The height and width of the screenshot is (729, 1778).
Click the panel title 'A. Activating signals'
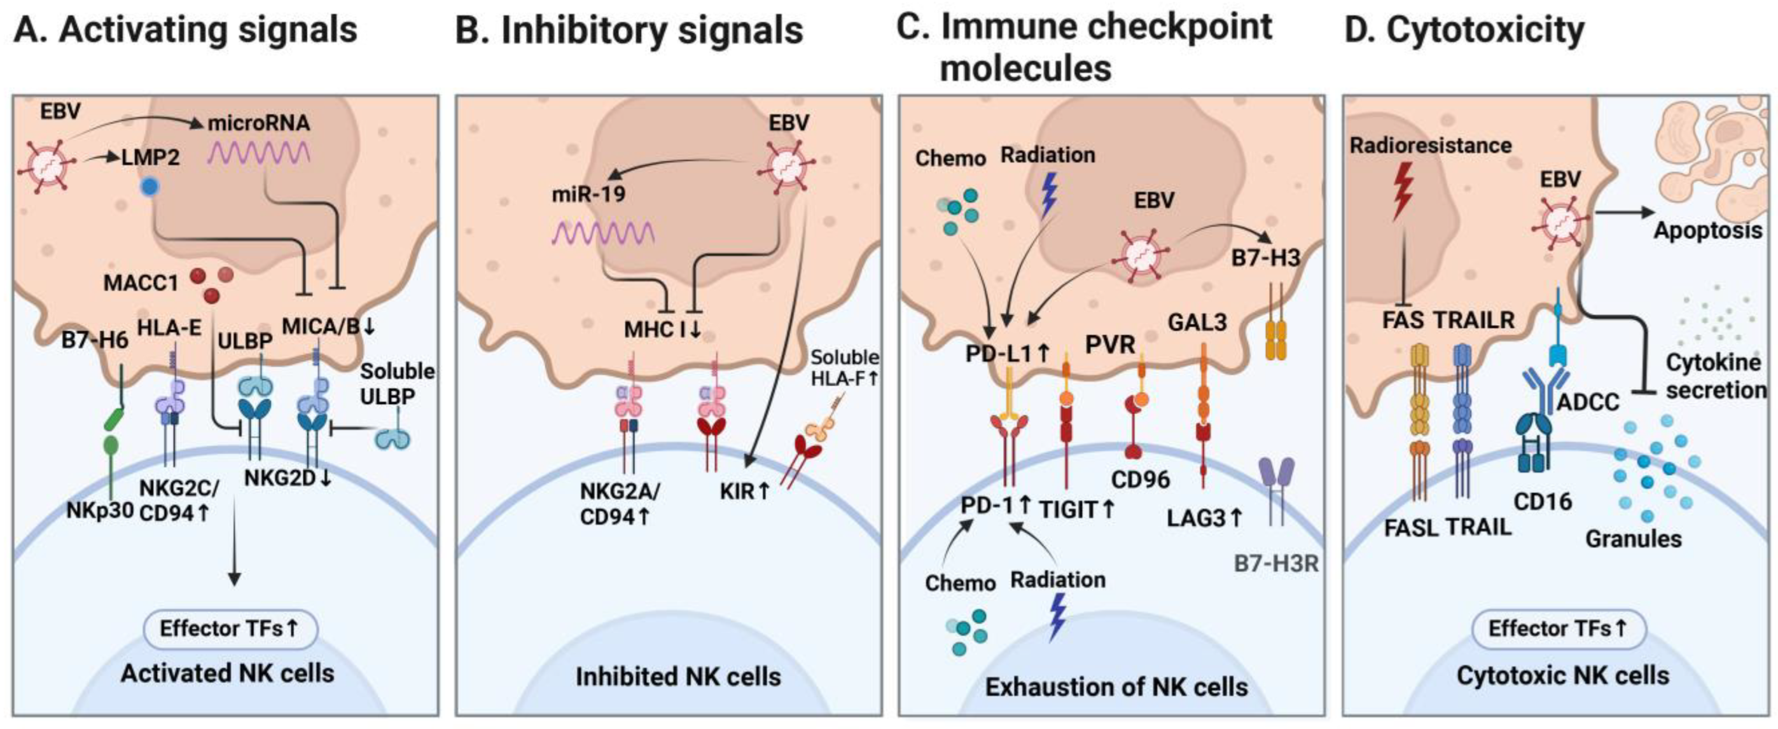pos(185,31)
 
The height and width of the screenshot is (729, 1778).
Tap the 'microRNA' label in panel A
pos(259,123)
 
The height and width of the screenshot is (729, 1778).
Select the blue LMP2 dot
pos(147,187)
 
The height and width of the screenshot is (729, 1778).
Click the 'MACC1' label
pos(141,282)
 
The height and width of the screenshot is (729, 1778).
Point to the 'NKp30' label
pos(99,511)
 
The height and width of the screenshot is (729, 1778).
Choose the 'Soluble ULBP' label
pos(397,383)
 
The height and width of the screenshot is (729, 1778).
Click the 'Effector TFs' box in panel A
pos(230,628)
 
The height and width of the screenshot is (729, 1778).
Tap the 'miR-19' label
pos(588,193)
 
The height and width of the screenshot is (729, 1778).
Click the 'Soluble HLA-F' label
pos(845,367)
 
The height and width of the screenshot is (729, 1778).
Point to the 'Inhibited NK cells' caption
pos(677,677)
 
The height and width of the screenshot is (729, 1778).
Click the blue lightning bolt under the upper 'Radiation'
pos(1048,195)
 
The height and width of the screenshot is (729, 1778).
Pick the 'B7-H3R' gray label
pos(1276,564)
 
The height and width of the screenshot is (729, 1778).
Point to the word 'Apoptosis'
pos(1707,230)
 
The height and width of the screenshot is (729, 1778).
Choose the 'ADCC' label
pos(1588,402)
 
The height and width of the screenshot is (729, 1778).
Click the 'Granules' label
pos(1633,538)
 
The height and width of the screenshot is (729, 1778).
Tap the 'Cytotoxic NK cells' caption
pos(1562,675)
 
